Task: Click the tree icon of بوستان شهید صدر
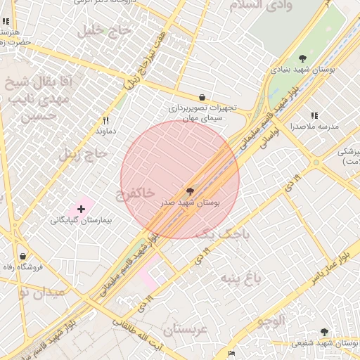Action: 189,191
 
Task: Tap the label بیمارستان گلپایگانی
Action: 82,220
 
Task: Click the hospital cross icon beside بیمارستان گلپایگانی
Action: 82,209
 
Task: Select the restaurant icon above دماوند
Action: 106,120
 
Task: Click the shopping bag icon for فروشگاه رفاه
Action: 25,256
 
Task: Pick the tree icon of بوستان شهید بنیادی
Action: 302,58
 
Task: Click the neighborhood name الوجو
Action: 271,323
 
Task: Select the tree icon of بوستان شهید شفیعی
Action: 324,332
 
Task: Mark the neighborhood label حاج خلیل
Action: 107,30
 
